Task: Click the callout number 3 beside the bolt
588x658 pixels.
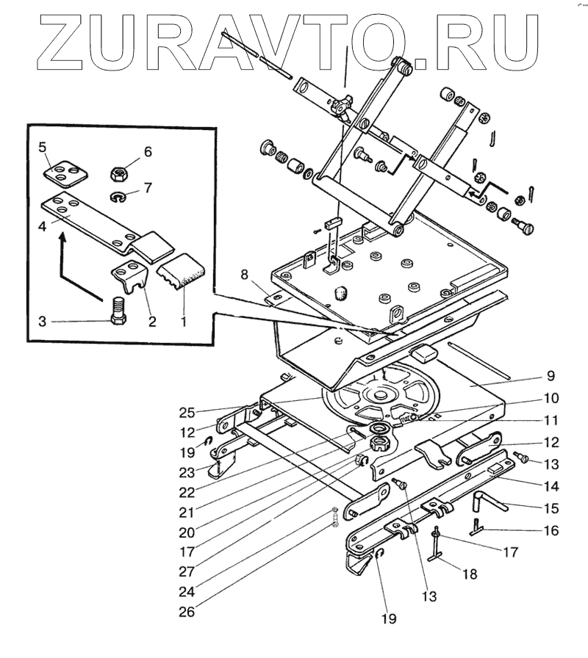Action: (x=43, y=322)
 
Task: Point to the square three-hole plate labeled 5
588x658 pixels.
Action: (x=63, y=171)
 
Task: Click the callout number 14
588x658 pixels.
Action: (x=551, y=485)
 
